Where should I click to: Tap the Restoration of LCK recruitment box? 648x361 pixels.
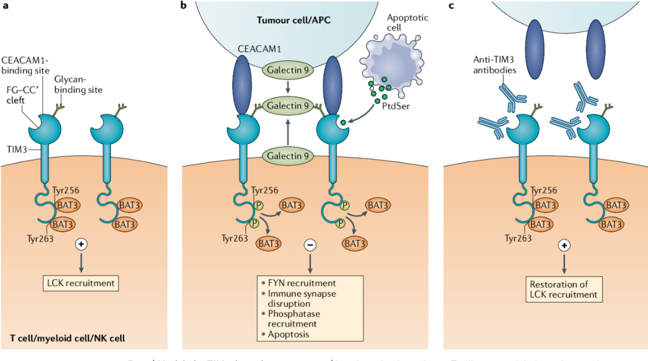point(563,290)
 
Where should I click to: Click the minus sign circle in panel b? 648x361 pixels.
point(310,244)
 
